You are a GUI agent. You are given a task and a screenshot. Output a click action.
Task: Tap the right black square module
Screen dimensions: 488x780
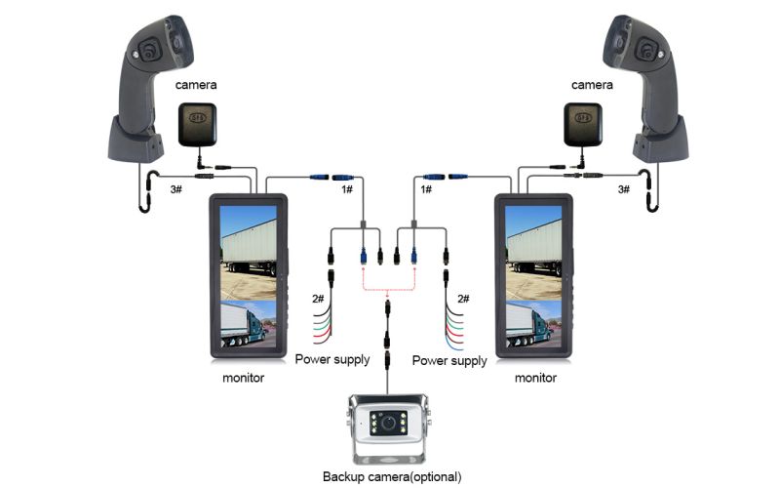[x=583, y=124]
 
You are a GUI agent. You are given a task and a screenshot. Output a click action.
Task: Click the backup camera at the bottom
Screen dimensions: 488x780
[x=391, y=430]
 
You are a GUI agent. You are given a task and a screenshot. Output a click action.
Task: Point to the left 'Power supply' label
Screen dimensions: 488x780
[x=332, y=360]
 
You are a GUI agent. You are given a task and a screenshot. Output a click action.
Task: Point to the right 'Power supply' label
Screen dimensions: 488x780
[x=449, y=360]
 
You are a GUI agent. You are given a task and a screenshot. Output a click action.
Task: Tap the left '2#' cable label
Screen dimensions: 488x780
[x=318, y=298]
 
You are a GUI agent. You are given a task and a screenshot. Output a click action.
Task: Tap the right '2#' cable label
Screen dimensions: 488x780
[x=463, y=298]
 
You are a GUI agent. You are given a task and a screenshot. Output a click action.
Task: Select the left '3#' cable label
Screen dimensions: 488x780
[x=175, y=188]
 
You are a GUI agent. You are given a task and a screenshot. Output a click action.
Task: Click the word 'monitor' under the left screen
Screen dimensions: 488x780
[x=244, y=378]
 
